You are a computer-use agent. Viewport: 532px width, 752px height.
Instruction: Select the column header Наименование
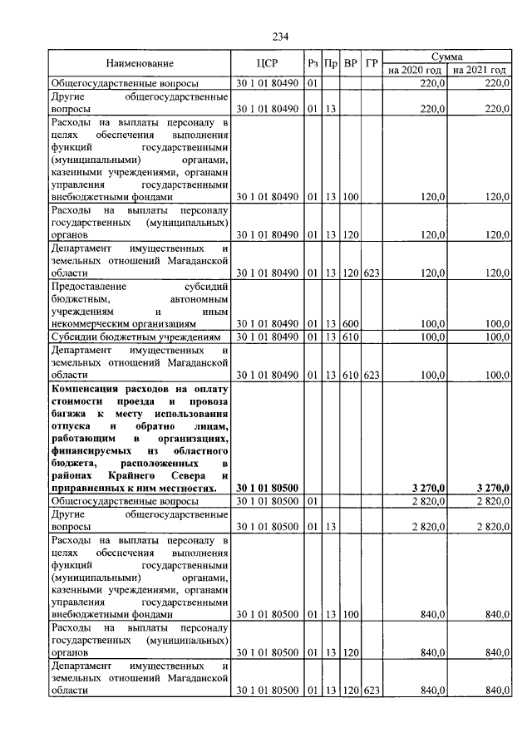[x=140, y=63]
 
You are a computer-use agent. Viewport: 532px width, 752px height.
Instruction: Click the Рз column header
[x=313, y=63]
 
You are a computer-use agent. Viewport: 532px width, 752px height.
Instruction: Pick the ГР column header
[x=372, y=63]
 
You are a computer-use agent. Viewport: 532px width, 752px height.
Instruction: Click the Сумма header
[x=448, y=56]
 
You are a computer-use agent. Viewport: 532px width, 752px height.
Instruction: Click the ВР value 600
[x=350, y=323]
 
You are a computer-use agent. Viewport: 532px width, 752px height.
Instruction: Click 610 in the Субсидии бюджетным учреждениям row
[x=350, y=337]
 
